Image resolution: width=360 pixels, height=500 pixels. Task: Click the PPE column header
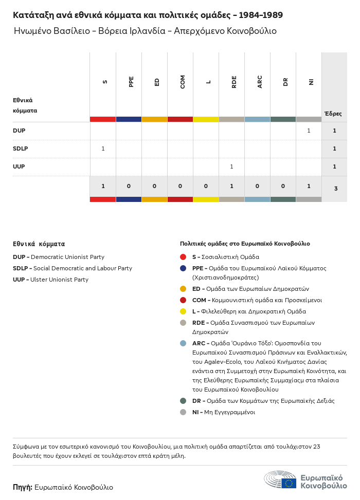click(x=131, y=81)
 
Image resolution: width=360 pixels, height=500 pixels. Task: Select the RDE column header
click(x=234, y=81)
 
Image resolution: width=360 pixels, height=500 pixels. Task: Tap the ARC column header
click(x=260, y=81)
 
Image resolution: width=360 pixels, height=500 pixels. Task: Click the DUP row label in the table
click(x=19, y=131)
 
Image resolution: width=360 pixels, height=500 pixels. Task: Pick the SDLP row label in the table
click(x=20, y=149)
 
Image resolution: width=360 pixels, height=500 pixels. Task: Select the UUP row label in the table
click(x=19, y=166)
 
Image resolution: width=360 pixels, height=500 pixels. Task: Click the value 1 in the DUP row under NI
click(x=309, y=131)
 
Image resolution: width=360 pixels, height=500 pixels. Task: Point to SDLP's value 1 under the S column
click(x=103, y=149)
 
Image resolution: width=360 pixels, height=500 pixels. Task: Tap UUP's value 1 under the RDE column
click(x=231, y=166)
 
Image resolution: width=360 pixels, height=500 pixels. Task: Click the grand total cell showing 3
click(x=335, y=189)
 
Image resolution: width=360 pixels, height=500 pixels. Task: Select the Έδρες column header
click(x=333, y=114)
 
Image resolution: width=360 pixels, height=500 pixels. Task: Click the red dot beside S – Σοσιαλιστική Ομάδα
click(x=183, y=257)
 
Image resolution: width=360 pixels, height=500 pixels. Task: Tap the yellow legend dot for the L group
click(x=183, y=311)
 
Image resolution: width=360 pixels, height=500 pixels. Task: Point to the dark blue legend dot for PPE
click(x=183, y=268)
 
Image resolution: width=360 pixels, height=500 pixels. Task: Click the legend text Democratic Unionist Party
click(x=67, y=257)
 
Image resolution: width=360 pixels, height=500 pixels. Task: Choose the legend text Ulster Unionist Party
click(x=59, y=280)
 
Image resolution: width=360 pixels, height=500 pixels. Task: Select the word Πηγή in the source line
click(x=23, y=487)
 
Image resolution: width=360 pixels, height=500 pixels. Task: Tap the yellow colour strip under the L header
click(x=206, y=119)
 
